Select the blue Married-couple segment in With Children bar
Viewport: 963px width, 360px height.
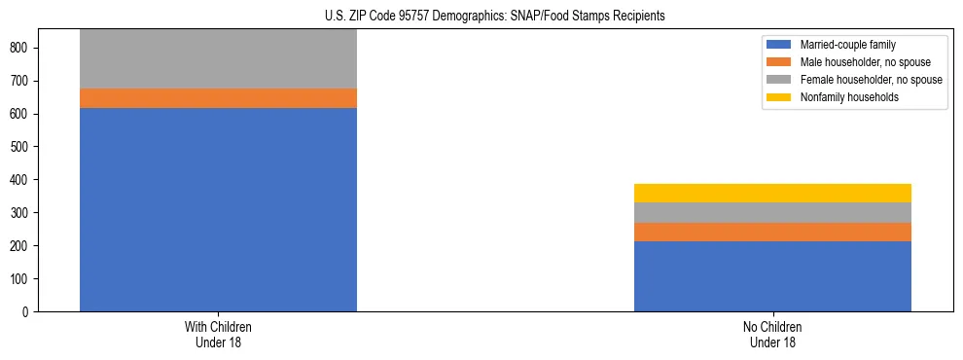tap(218, 209)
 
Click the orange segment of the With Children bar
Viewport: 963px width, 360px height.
tap(218, 98)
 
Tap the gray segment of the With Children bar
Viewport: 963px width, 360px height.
tap(218, 58)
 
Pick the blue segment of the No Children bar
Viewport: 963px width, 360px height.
tap(772, 276)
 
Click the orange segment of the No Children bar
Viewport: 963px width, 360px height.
tap(772, 232)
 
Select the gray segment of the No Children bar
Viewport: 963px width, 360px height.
tap(772, 212)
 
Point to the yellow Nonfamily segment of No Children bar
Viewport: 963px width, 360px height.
tap(772, 193)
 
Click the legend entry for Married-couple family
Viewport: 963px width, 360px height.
tap(847, 45)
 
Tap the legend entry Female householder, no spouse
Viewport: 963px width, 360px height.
tap(871, 80)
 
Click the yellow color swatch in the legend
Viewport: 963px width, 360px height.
tap(780, 97)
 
